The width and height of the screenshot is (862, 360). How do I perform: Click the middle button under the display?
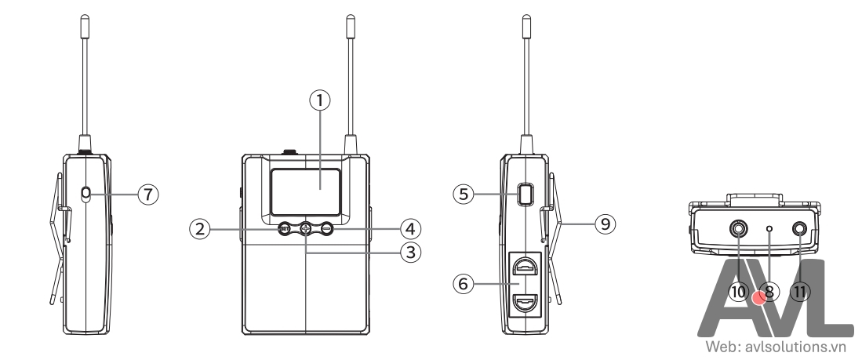coord(306,229)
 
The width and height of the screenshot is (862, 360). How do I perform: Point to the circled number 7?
coord(148,193)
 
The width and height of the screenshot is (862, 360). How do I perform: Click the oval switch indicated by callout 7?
coord(85,193)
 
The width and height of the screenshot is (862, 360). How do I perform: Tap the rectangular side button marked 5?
coord(525,193)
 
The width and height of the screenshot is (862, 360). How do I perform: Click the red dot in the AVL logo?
coord(758,299)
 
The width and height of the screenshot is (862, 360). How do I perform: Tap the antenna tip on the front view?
coord(350,24)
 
